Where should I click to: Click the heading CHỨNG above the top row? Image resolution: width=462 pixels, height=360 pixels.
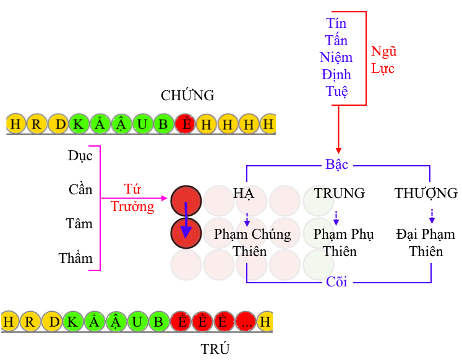click(x=187, y=95)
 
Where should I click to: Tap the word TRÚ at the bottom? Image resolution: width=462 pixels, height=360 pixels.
click(x=215, y=349)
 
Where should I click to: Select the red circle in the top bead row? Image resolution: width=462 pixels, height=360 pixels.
click(x=186, y=124)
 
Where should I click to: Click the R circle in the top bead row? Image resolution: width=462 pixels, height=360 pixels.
click(x=36, y=124)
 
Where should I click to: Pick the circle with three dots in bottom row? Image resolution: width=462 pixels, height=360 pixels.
click(x=246, y=322)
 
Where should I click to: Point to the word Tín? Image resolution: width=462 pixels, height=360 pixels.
click(x=336, y=23)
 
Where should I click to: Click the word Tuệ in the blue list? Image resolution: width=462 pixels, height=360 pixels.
click(x=337, y=92)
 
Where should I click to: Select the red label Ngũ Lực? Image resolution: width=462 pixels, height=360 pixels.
click(x=383, y=60)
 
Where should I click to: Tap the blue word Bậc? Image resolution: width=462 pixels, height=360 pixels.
click(x=337, y=164)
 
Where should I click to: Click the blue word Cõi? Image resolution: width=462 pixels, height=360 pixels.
click(x=336, y=282)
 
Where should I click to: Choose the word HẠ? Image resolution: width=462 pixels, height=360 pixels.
click(x=244, y=194)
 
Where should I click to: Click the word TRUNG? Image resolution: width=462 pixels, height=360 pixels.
click(x=340, y=193)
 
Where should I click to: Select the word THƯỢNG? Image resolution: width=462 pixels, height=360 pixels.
click(x=426, y=193)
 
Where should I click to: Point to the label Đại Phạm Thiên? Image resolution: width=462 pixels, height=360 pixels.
click(x=426, y=242)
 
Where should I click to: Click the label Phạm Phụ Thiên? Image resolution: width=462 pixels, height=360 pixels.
click(x=343, y=242)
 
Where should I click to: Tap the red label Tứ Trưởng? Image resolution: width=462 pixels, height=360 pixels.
click(x=132, y=198)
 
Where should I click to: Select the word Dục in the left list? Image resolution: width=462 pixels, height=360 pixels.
click(x=80, y=155)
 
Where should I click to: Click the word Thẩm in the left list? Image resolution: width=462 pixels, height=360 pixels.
click(x=75, y=258)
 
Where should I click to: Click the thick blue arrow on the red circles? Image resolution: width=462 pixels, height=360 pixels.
click(x=186, y=220)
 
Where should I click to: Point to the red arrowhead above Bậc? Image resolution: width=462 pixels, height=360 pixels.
click(x=338, y=150)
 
